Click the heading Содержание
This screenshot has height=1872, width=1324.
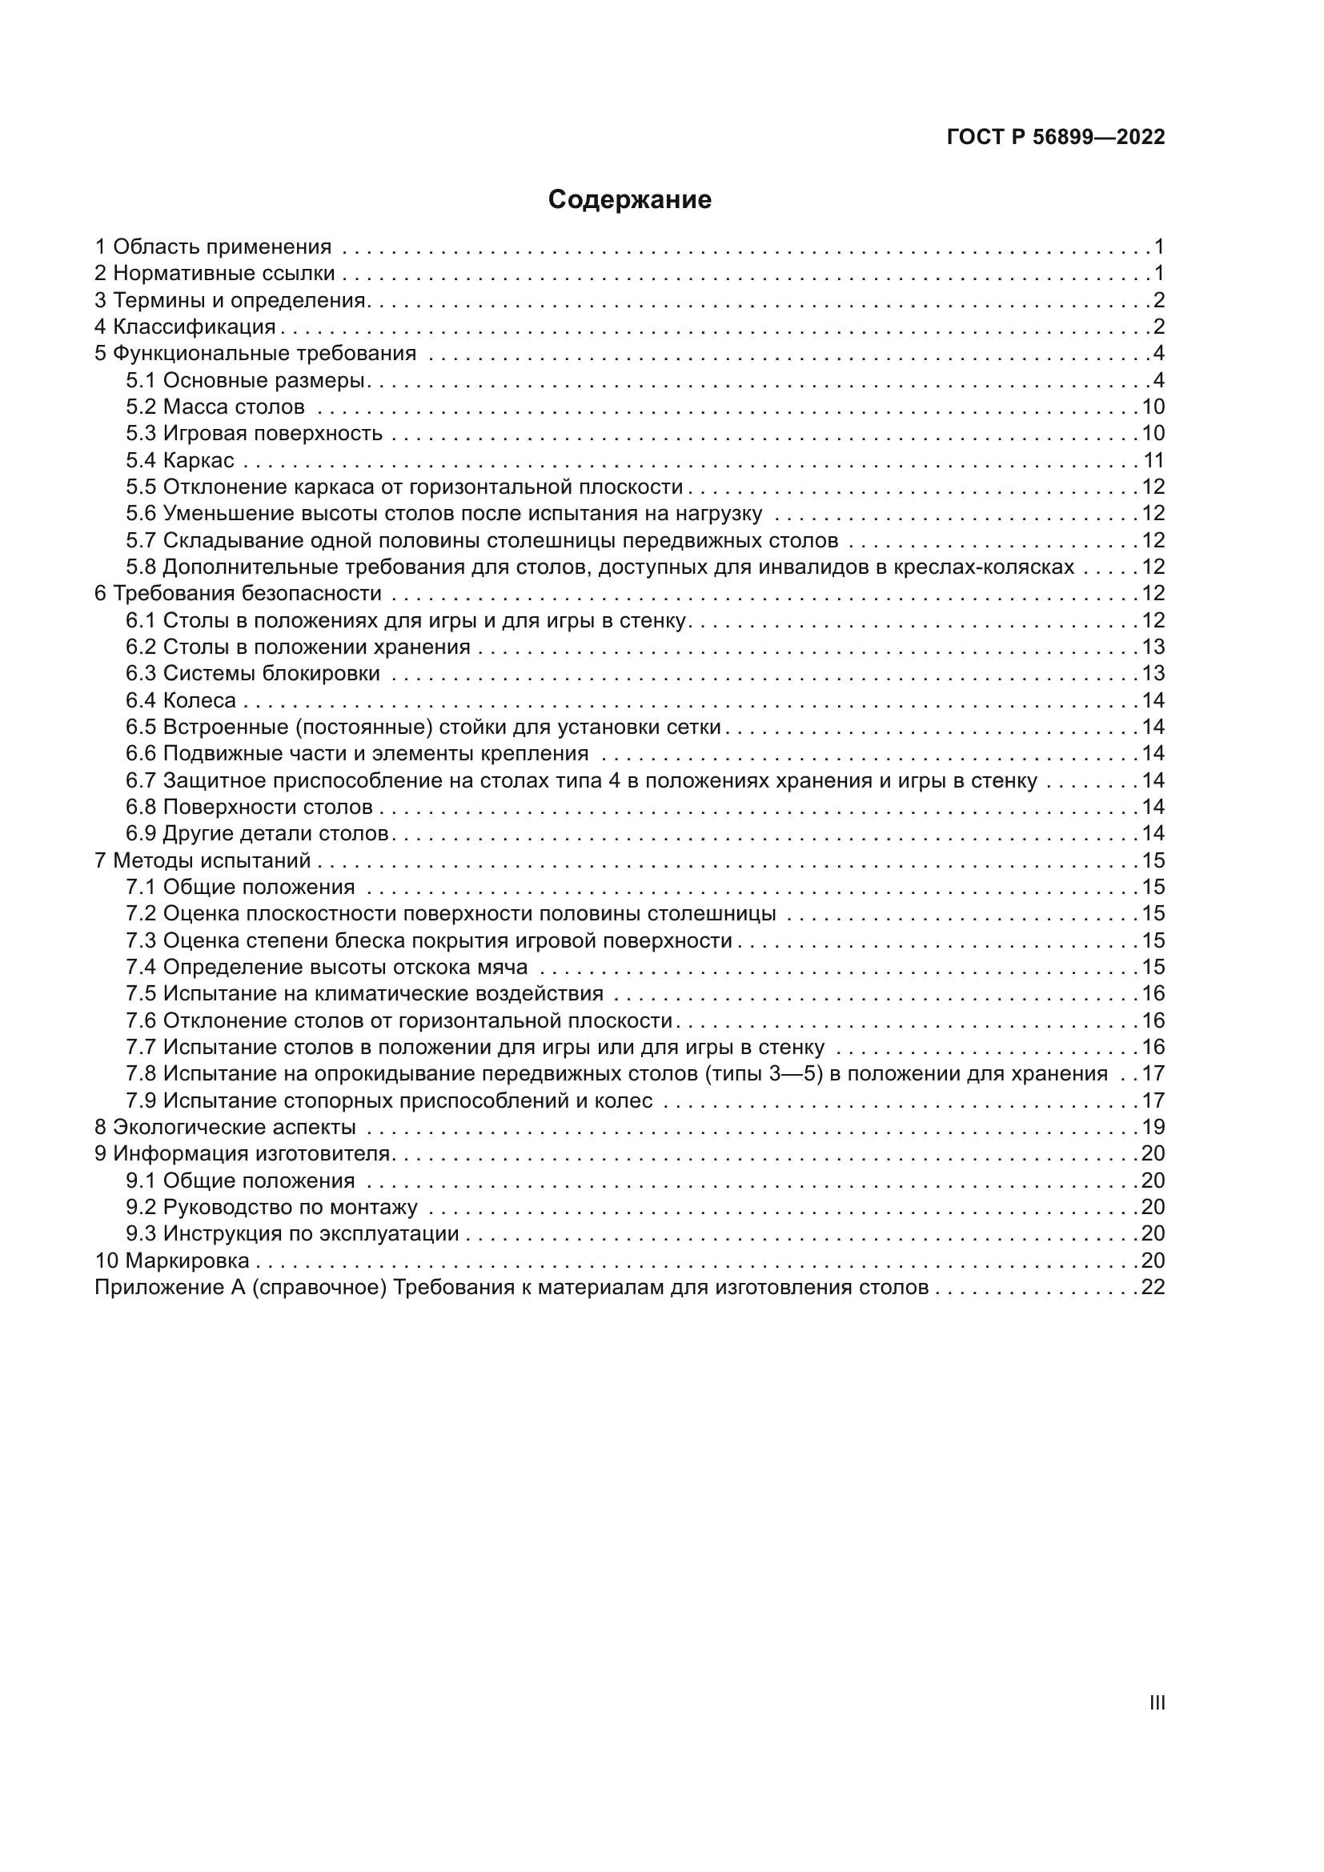click(x=629, y=200)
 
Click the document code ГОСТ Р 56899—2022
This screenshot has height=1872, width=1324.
click(x=1056, y=137)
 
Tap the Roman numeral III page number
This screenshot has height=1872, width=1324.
click(x=1156, y=1702)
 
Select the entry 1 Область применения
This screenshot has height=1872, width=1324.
click(x=213, y=247)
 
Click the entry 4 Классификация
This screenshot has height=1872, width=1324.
click(x=185, y=327)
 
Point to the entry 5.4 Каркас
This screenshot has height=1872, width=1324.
click(x=179, y=461)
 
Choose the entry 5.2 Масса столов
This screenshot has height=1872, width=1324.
click(x=215, y=407)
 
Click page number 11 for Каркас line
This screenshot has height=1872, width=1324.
click(x=1153, y=461)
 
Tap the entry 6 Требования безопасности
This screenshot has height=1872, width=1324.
click(x=238, y=594)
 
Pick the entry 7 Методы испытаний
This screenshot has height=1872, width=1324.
click(x=203, y=860)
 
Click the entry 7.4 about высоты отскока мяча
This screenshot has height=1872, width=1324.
click(x=327, y=967)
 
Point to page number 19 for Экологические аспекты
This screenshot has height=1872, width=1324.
click(x=1153, y=1127)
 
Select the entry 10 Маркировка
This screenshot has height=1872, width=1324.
click(x=172, y=1261)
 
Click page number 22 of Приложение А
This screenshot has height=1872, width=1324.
click(x=1153, y=1288)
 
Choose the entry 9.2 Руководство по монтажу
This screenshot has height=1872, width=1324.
click(x=271, y=1207)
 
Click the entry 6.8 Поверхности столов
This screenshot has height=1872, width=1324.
click(x=249, y=808)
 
